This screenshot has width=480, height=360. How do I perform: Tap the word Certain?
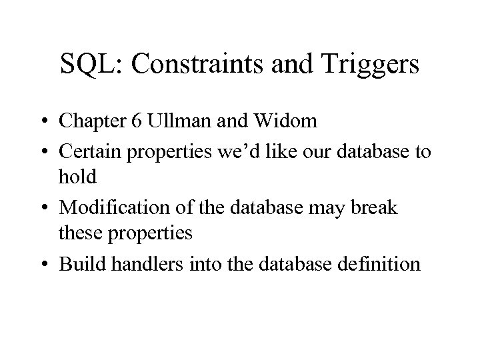(x=89, y=153)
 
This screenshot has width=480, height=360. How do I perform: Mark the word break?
(x=377, y=208)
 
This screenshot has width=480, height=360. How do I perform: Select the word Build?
(x=79, y=264)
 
